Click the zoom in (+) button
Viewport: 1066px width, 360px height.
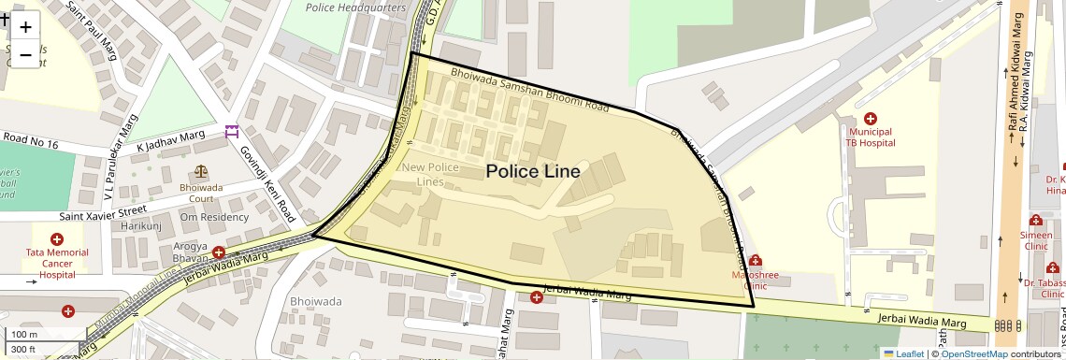25,27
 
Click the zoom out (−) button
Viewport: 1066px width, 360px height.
25,55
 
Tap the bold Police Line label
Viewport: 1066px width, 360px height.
532,172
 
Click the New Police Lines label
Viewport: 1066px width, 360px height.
429,174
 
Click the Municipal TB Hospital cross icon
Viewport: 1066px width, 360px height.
870,119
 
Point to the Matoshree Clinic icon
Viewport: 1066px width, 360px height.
755,261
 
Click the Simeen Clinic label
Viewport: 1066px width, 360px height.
1036,241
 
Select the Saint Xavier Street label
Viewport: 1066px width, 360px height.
103,216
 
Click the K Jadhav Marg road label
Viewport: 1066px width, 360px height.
170,141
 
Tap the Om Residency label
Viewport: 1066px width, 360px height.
214,217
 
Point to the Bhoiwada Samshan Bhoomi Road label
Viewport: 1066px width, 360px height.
528,90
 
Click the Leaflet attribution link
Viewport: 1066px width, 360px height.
903,353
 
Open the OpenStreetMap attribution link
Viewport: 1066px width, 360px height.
973,353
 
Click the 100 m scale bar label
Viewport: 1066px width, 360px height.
24,335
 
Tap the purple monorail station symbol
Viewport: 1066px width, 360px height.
231,132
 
